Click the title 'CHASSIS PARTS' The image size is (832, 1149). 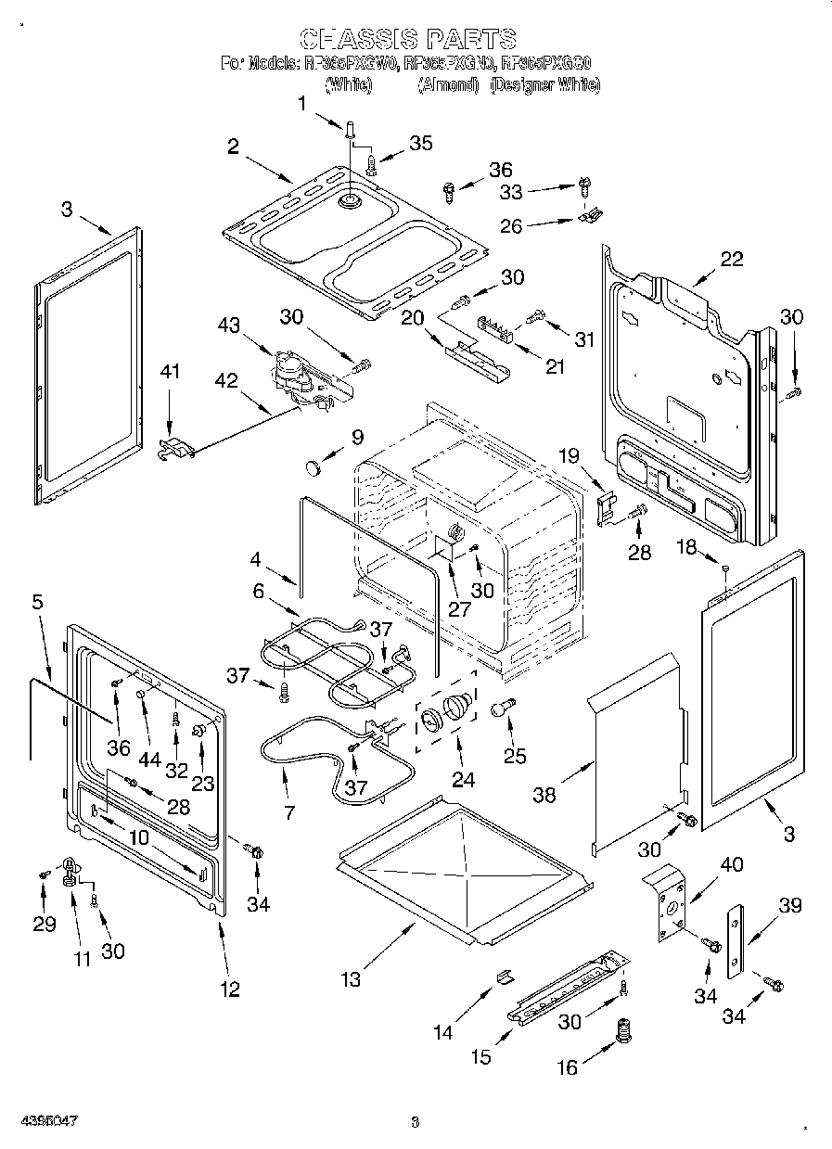pyautogui.click(x=408, y=38)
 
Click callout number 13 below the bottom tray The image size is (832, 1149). pyautogui.click(x=350, y=979)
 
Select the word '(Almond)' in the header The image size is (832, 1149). pyautogui.click(x=448, y=85)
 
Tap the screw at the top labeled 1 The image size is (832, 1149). pyautogui.click(x=350, y=131)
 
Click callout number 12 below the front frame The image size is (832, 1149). pyautogui.click(x=229, y=989)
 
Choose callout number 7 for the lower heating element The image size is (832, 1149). pyautogui.click(x=289, y=813)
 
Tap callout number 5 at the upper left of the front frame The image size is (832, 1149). pyautogui.click(x=37, y=602)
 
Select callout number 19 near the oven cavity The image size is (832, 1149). pyautogui.click(x=568, y=455)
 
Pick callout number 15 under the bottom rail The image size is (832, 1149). pyautogui.click(x=480, y=1056)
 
